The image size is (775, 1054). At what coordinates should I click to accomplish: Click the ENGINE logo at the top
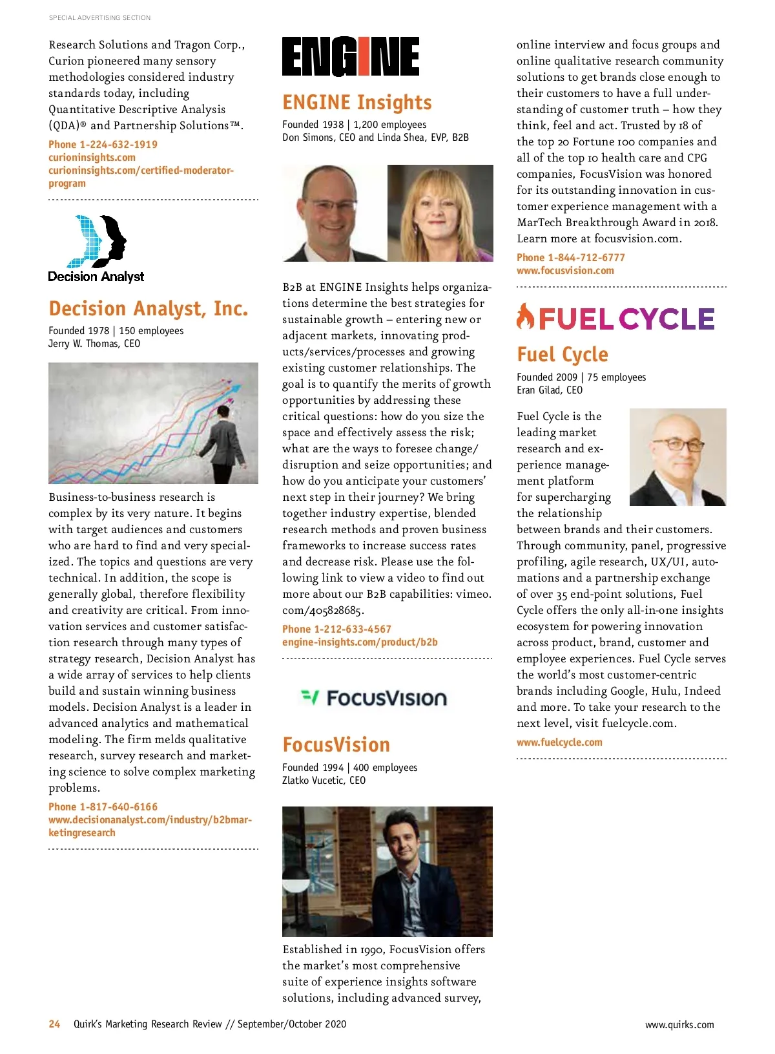351,56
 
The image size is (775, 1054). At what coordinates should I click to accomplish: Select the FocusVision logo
374,698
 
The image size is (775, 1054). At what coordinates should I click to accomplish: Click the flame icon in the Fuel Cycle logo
526,317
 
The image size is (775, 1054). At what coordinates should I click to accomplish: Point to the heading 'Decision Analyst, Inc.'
149,309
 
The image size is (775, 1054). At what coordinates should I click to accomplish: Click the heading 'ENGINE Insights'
357,103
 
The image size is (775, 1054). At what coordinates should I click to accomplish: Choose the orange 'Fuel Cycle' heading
563,355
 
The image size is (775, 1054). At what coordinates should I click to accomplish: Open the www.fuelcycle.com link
559,743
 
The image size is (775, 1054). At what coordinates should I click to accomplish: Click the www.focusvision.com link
565,271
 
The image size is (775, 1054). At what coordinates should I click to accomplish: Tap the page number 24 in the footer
54,1024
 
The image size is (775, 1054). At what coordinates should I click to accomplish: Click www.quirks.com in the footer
679,1024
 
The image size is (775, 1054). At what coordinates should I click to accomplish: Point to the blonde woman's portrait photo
440,213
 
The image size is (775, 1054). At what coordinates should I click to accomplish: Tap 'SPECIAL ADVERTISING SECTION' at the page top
99,17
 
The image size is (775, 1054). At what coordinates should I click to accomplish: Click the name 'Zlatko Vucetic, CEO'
324,781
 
